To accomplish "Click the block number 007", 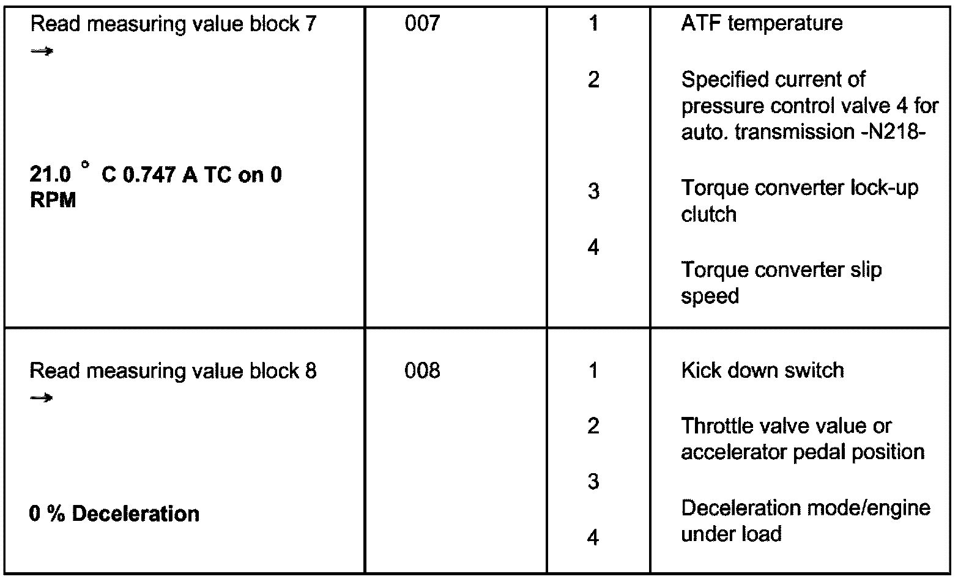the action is click(x=422, y=24).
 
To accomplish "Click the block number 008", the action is click(x=422, y=371).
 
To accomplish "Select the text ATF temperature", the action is click(x=762, y=24).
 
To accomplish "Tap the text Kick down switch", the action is click(x=762, y=370).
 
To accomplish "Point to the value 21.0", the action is click(x=50, y=175).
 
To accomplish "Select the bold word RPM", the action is click(x=53, y=201).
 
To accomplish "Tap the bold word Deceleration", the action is click(x=136, y=514).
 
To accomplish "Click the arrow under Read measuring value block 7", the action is click(x=42, y=51).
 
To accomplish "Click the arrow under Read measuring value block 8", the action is click(x=42, y=399).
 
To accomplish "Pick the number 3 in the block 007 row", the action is click(x=593, y=192).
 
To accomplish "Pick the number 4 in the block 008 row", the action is click(x=593, y=538).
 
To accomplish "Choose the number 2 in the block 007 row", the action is click(x=593, y=80).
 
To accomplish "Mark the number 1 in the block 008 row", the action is click(x=593, y=370).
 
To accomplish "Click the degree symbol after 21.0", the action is click(x=86, y=165).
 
